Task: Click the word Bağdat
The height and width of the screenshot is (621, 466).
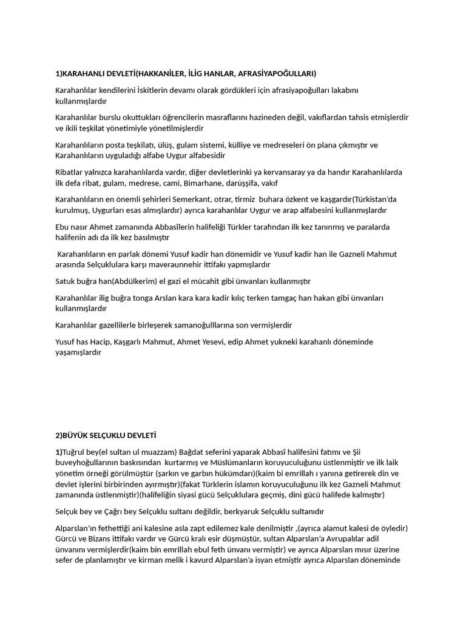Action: click(192, 452)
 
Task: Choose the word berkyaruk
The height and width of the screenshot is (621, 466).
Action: click(245, 512)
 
